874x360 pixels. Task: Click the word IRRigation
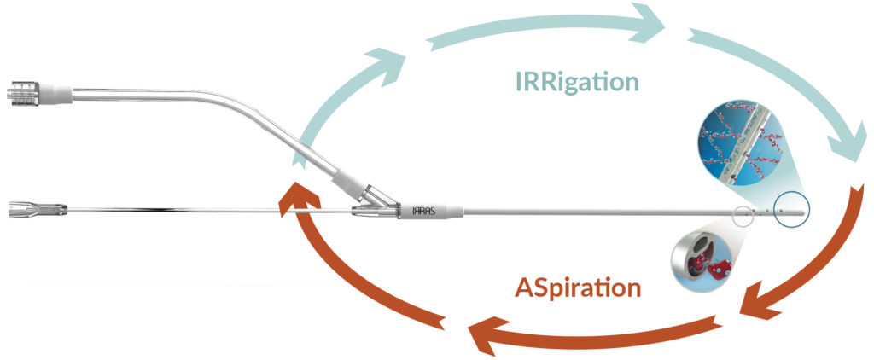click(576, 83)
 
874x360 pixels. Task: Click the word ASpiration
click(577, 287)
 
